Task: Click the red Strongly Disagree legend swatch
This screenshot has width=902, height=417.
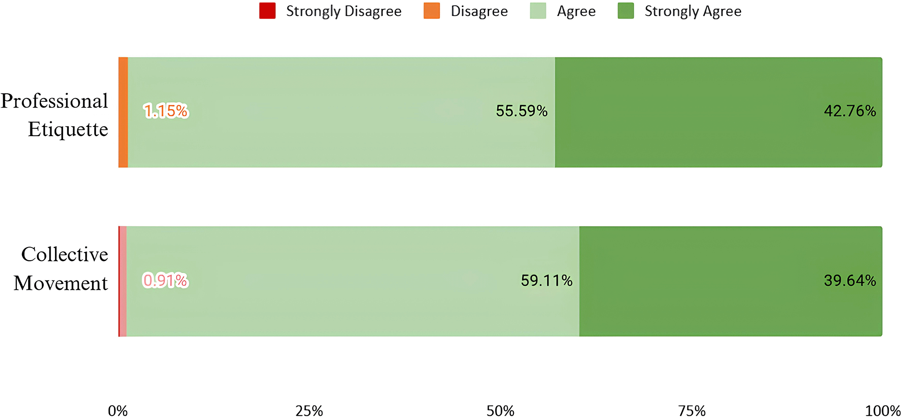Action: pos(267,11)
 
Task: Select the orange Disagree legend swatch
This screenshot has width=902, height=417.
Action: pos(432,11)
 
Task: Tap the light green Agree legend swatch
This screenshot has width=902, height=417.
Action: pos(538,11)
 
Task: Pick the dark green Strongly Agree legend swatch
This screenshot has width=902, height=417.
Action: pos(626,11)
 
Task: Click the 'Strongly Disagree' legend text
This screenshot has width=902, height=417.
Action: pos(344,11)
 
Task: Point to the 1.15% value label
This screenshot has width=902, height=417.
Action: pos(166,111)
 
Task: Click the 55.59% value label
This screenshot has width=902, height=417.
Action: pos(522,111)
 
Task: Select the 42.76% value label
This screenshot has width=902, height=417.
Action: pos(850,111)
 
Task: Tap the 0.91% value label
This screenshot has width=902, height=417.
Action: pos(165,280)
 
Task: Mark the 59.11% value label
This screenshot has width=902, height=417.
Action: pos(547,280)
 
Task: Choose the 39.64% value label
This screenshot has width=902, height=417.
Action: pos(850,280)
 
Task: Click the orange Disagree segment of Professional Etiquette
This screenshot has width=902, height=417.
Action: pos(123,112)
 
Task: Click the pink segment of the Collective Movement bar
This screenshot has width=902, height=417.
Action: pos(123,281)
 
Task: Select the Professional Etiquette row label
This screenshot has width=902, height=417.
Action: pos(55,115)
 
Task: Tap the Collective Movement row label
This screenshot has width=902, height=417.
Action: pos(61,268)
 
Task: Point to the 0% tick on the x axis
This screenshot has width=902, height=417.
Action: pos(118,411)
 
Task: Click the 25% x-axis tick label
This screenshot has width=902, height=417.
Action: pos(309,411)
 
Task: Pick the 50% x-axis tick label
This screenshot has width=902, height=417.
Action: pos(501,411)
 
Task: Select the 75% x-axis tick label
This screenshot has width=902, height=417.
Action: pos(692,411)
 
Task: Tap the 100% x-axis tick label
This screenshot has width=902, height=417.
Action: pos(883,411)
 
